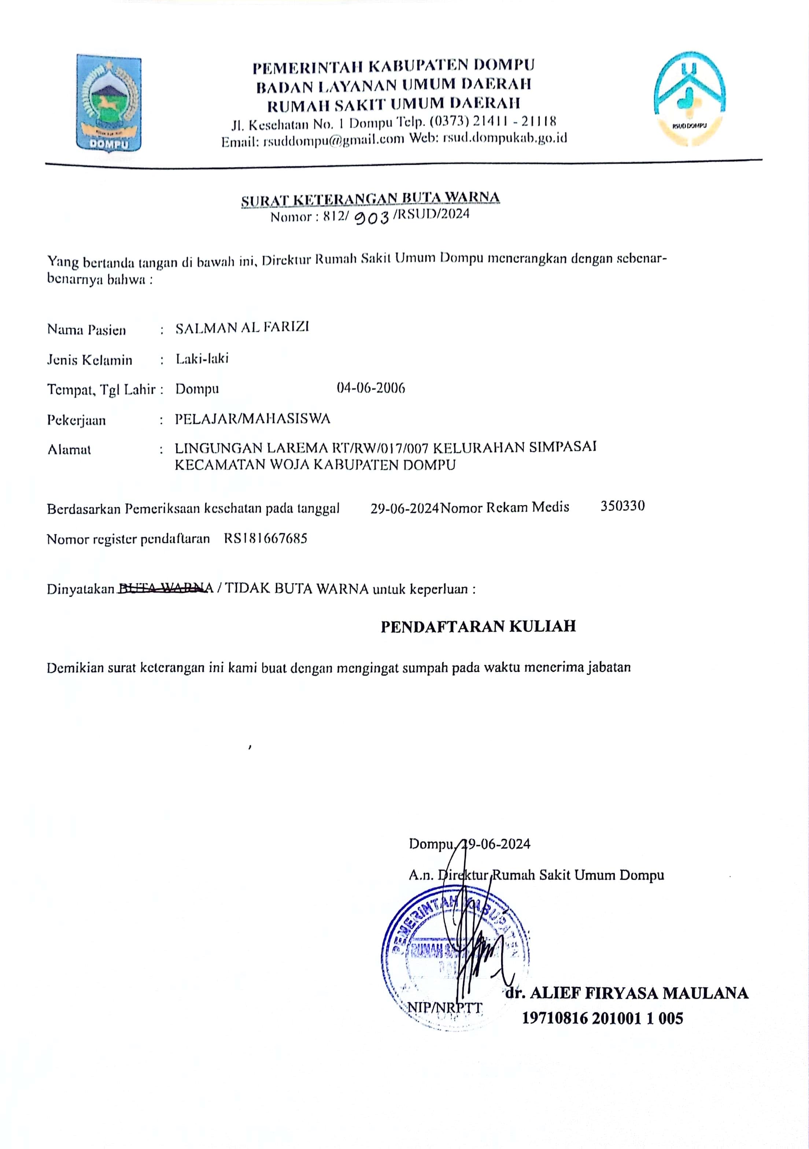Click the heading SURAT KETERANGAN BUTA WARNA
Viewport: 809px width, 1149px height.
370,199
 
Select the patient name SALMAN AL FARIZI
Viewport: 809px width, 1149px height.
242,328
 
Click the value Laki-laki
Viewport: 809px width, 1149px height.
202,359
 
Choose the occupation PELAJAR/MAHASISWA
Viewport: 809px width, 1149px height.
252,419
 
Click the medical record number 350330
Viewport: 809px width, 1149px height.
622,506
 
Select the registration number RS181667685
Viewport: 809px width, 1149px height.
265,539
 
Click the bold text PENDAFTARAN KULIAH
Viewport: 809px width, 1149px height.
478,626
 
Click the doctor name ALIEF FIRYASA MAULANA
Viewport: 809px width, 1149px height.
638,993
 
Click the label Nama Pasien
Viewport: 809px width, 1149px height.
86,330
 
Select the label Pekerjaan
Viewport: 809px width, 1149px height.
76,420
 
